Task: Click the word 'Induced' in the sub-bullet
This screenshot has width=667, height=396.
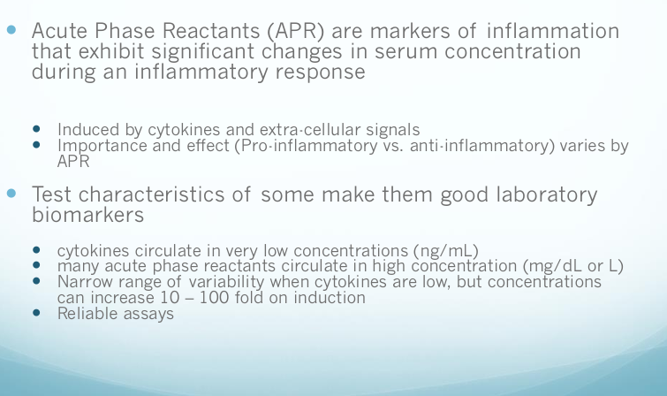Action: point(86,130)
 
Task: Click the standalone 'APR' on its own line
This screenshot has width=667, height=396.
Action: point(73,161)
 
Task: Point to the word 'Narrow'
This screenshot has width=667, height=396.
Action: point(84,281)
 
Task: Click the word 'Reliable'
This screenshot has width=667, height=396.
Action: point(88,313)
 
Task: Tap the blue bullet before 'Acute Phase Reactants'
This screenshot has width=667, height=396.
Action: point(11,30)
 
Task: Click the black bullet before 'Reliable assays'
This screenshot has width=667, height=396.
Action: point(36,313)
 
